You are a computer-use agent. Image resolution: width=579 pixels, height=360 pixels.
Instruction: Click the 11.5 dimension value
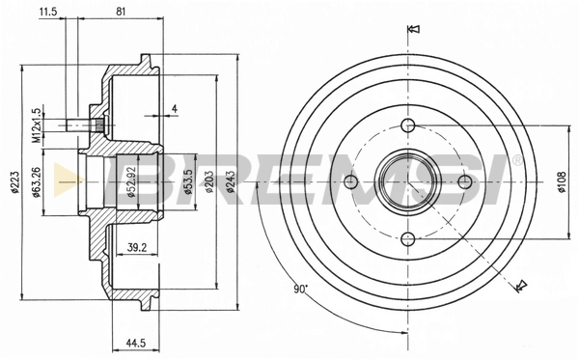[x=48, y=12]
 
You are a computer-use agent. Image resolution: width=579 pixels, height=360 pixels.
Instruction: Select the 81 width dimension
[x=121, y=12]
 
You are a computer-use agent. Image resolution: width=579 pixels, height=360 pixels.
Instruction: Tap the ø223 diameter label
[x=14, y=182]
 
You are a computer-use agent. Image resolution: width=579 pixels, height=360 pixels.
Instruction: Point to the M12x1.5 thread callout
[x=36, y=125]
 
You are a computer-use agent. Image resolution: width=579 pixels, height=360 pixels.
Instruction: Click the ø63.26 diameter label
[x=36, y=182]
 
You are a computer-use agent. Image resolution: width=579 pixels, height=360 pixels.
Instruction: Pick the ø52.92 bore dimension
[x=132, y=182]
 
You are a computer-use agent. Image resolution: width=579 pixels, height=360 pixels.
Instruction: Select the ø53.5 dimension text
[x=188, y=182]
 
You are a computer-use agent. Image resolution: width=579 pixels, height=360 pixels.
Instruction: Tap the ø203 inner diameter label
[x=209, y=182]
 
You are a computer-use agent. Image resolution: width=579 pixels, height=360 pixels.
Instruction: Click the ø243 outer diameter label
[x=231, y=182]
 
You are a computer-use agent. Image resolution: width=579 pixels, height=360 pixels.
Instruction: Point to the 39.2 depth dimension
[x=137, y=247]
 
